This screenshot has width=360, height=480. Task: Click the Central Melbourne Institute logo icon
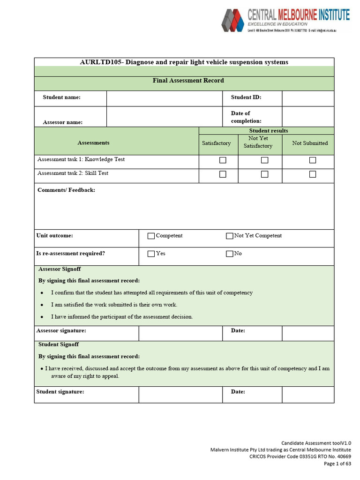pos(232,20)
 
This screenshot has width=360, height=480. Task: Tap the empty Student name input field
pos(164,98)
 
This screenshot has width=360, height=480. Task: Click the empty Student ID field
pos(307,98)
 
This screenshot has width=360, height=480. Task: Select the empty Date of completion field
pos(307,117)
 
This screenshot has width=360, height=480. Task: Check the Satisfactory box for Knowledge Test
pos(223,160)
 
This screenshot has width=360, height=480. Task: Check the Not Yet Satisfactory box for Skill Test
pos(265,174)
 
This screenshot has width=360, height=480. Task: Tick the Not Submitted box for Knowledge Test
pos(313,160)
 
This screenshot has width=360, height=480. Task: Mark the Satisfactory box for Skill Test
pos(223,174)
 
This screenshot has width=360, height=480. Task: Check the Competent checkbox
pos(151,236)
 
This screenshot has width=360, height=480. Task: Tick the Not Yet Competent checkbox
pos(229,236)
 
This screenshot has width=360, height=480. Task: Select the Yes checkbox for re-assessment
pos(151,254)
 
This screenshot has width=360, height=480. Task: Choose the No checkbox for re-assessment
pos(229,254)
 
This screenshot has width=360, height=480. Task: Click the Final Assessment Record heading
pos(188,81)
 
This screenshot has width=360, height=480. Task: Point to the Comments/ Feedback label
pos(66,190)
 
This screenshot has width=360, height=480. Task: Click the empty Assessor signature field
pos(180,333)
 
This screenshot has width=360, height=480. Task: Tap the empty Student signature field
pos(180,395)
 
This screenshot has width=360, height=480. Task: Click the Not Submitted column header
pos(310,143)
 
